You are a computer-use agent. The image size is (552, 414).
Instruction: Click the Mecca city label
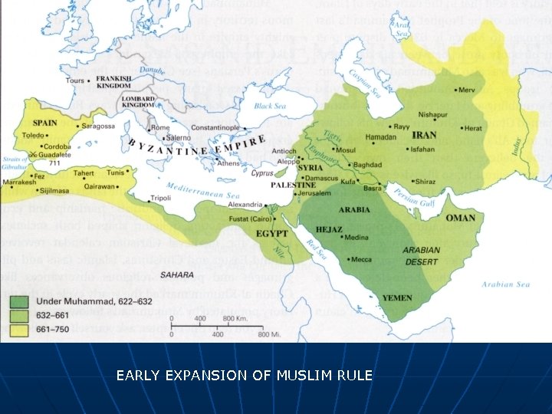coord(361,259)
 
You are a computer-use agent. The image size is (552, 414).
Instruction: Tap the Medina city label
coord(357,238)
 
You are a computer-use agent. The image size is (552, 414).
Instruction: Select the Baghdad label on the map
coord(368,165)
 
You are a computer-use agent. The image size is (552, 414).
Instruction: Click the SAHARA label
coord(176,274)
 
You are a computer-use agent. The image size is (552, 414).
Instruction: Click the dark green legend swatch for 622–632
coord(18,301)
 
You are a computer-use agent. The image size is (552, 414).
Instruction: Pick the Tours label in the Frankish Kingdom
coord(74,80)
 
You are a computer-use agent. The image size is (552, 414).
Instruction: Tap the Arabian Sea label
coord(505,284)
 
